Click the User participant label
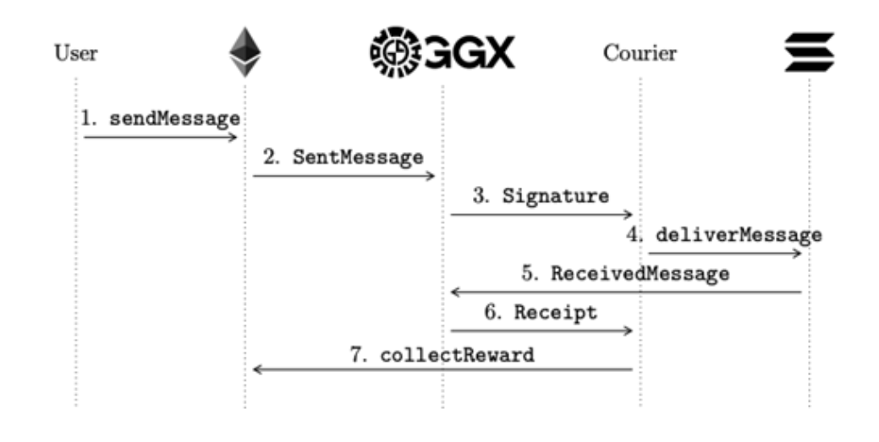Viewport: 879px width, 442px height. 75,55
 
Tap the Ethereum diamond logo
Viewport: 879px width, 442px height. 245,52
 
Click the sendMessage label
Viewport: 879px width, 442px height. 173,118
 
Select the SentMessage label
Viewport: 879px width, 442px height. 358,157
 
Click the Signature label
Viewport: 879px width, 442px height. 555,196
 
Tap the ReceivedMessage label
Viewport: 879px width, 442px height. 640,274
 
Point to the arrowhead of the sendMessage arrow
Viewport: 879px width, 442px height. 234,136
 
